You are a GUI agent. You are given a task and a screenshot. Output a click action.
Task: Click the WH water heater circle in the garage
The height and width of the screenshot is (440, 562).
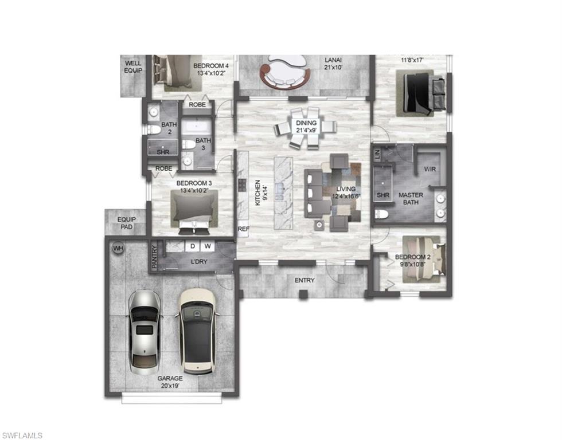pos(118,249)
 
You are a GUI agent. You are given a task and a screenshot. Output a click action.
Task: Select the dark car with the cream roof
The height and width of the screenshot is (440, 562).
pos(196,331)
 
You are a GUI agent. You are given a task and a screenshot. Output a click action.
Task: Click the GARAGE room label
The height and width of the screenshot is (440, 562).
pos(170,379)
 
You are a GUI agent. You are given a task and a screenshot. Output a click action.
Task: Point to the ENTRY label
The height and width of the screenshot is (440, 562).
pos(304,280)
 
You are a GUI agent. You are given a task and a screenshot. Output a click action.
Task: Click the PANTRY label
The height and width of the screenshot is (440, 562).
pos(154,257)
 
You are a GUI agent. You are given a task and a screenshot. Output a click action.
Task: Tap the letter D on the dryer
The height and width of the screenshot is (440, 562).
pos(193,247)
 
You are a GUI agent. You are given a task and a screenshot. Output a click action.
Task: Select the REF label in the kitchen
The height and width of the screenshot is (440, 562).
pos(243,228)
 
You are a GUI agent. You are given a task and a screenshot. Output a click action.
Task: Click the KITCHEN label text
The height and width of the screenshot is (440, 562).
pos(258,192)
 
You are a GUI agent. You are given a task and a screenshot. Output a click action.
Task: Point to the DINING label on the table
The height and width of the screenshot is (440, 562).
pos(306,123)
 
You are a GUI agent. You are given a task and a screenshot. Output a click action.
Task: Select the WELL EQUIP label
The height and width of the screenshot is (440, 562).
pos(133,66)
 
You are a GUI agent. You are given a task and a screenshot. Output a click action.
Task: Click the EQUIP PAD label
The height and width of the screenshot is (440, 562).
pos(126,222)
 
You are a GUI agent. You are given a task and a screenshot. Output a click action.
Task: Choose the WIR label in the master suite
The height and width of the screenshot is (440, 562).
pos(430,170)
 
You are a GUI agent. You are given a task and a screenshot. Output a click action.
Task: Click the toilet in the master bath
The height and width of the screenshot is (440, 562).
pos(383,214)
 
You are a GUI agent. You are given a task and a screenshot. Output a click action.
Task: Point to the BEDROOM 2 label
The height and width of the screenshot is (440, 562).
pos(412,257)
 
